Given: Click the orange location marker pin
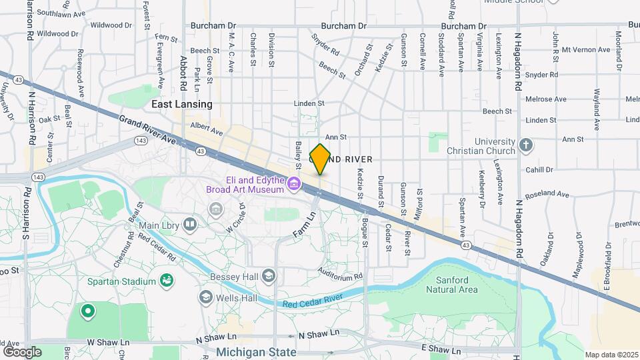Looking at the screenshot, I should [x=320, y=159].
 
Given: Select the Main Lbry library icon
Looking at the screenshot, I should [x=190, y=225].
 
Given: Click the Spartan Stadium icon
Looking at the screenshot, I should [x=167, y=281].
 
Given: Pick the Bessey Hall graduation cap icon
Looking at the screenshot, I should [x=268, y=275].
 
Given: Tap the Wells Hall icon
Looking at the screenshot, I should [x=206, y=296].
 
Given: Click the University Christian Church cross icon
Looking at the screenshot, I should [x=526, y=145].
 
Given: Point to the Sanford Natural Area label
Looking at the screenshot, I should [x=457, y=285].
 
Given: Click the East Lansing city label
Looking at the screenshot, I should [x=181, y=104].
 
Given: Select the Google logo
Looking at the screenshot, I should [x=22, y=351].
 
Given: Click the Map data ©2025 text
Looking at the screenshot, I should [x=611, y=355].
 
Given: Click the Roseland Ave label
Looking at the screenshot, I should [x=547, y=195].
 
